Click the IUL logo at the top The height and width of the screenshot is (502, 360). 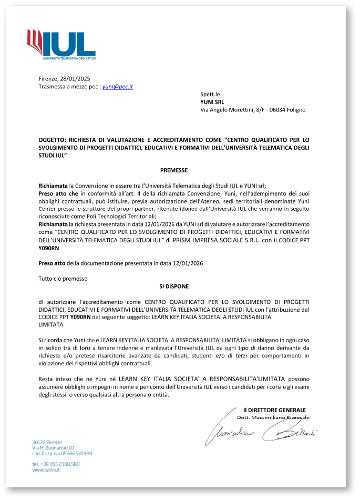pos(61,44)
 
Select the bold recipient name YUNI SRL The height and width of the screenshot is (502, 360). pos(213,102)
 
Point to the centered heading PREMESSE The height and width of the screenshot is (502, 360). pos(173,170)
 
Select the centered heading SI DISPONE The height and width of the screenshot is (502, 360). pos(173,286)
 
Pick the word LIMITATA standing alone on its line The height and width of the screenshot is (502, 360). pos(50,325)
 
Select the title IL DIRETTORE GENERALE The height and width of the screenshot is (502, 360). pos(274,409)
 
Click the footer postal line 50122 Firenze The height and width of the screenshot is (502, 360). pos(47,442)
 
